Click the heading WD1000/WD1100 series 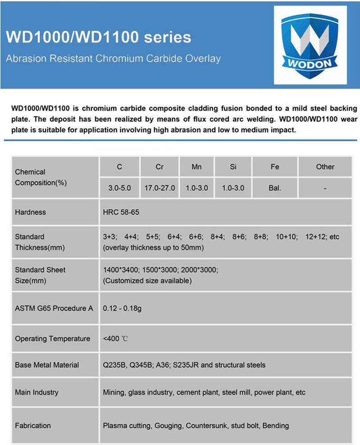[99, 37]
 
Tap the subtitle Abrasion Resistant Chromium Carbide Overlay [113, 58]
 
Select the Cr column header [160, 167]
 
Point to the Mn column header [197, 167]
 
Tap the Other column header [325, 167]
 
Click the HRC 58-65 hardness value [121, 212]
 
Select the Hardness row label [30, 212]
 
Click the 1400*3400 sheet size [121, 270]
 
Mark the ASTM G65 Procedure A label [54, 308]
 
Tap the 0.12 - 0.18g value [123, 308]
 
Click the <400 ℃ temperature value [116, 339]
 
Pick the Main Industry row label [36, 392]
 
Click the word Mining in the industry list [114, 392]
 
